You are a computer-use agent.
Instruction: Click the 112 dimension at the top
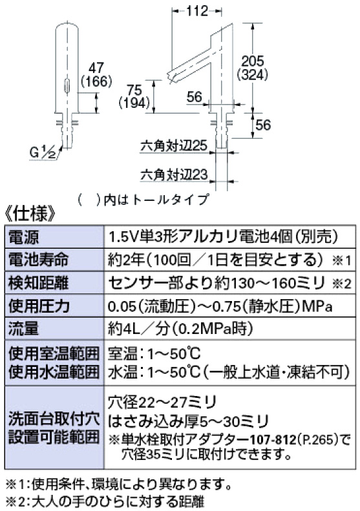197,11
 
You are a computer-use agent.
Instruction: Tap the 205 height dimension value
253,61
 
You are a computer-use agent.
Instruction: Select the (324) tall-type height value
253,75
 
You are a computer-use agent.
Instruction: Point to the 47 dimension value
96,68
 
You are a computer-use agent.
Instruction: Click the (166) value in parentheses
96,81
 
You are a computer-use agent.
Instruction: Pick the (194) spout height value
134,103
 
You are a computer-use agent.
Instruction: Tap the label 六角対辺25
174,145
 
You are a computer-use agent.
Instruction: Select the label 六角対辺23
174,174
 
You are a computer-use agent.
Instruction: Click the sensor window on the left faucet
67,86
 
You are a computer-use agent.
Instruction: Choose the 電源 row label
23,237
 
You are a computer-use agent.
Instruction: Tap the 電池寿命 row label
39,260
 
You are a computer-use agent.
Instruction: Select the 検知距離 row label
39,283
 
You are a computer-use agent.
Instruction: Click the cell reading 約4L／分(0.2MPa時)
180,329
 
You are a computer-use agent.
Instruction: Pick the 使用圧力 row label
39,306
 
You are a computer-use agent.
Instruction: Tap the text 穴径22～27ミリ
162,402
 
